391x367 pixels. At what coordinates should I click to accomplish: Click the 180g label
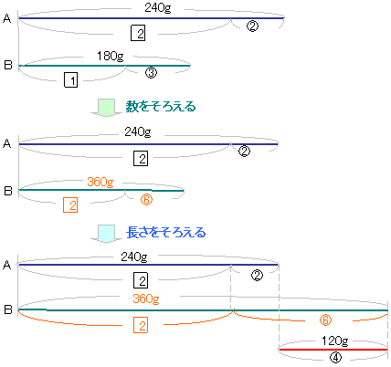coord(111,57)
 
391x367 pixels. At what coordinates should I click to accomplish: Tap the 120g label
coord(335,341)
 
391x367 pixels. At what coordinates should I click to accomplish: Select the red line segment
coord(333,350)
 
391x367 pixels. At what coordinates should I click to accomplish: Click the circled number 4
coord(335,358)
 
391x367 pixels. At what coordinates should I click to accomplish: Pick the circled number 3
coord(151,72)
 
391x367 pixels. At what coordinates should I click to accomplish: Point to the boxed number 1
coord(70,79)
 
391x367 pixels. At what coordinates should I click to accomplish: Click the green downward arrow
coord(106,108)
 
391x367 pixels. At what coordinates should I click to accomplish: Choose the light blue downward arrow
coord(106,234)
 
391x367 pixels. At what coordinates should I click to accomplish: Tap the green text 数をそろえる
coord(161,107)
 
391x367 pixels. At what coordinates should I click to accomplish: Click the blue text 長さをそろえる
coord(166,233)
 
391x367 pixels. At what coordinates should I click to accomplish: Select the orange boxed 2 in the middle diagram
coord(70,204)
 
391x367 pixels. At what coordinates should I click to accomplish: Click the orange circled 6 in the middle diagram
coord(146,199)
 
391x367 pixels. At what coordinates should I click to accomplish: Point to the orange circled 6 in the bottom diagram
coord(325,320)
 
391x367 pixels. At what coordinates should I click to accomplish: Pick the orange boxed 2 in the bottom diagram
coord(141,325)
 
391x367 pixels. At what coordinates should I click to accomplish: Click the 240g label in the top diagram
coord(158,7)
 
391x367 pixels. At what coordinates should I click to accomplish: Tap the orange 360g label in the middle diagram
coord(100,182)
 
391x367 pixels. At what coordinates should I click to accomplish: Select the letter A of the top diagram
coord(7,19)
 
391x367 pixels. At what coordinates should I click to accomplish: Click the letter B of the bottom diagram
coord(8,309)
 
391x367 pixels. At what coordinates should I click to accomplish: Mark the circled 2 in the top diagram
coord(252,26)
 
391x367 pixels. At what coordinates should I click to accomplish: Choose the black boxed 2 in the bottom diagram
coord(141,280)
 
